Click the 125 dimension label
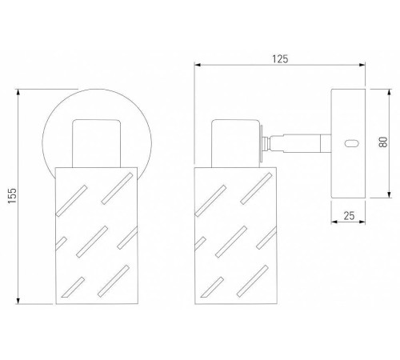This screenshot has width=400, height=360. [x=280, y=59]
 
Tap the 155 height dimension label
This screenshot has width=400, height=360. [x=12, y=196]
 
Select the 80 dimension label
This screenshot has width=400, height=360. [x=383, y=142]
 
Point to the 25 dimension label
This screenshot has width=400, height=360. [x=349, y=215]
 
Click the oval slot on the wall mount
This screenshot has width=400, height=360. [x=352, y=143]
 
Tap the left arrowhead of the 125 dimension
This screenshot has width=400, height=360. [x=198, y=65]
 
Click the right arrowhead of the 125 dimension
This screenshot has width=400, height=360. [x=362, y=65]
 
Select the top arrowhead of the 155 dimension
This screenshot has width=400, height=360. [x=18, y=92]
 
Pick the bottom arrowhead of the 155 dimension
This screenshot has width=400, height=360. [x=18, y=301]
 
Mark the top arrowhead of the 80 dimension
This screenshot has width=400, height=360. [x=389, y=92]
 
